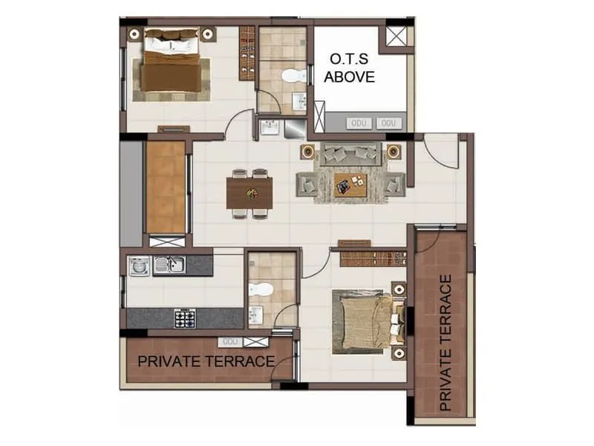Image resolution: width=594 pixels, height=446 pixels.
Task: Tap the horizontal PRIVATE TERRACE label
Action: tap(206, 362)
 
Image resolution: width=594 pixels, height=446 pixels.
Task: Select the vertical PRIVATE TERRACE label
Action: tap(446, 343)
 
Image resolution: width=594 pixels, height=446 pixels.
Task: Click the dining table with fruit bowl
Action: tap(250, 193)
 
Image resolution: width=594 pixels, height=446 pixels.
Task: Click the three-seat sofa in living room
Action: tap(350, 154)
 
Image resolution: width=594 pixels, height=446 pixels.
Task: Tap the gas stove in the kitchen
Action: tap(185, 317)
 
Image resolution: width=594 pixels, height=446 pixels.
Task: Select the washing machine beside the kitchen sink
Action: tap(139, 265)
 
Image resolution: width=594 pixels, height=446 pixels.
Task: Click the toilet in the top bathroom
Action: tap(293, 74)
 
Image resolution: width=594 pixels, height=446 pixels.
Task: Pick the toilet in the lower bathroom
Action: tap(259, 289)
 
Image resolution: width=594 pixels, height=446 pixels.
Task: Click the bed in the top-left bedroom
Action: tap(172, 62)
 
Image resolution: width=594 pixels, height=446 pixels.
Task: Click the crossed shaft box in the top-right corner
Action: tap(396, 36)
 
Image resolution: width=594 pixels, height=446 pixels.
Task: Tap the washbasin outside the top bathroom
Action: tap(269, 129)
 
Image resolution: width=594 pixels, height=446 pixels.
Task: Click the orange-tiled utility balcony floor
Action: tap(166, 187)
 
